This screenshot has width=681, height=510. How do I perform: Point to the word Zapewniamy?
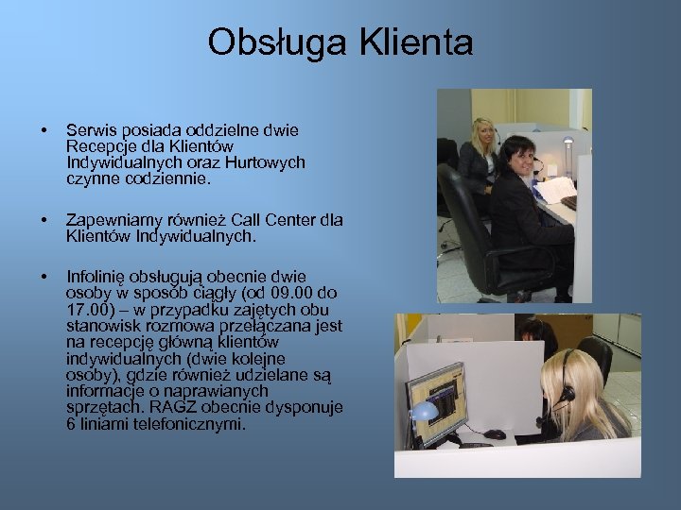tap(110, 220)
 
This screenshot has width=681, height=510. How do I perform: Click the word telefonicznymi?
tap(190, 424)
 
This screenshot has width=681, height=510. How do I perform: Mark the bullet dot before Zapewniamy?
tap(40, 220)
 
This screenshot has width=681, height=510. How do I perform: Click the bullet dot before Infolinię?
tap(40, 277)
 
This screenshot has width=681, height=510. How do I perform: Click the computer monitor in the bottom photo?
tap(435, 401)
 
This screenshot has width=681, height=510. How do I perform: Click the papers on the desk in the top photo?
tap(555, 188)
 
